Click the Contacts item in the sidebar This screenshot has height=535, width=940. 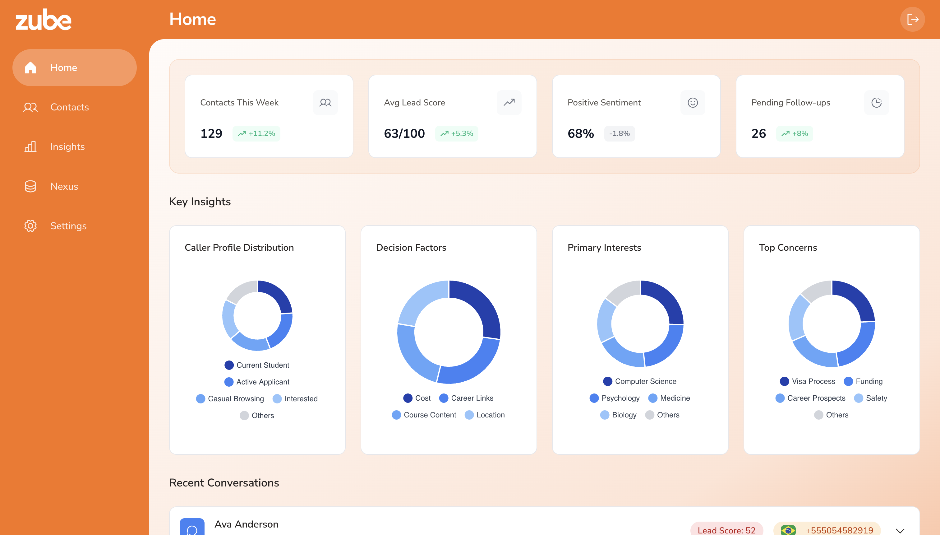pyautogui.click(x=69, y=107)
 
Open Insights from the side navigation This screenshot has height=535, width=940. pyautogui.click(x=67, y=147)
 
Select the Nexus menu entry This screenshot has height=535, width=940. pyautogui.click(x=64, y=186)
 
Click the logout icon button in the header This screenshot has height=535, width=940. pyautogui.click(x=912, y=19)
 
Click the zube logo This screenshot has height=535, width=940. pyautogui.click(x=43, y=20)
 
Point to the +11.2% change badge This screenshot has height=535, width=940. pyautogui.click(x=256, y=133)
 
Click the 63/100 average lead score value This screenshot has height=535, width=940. pyautogui.click(x=404, y=133)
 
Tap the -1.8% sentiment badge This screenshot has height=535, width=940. pyautogui.click(x=619, y=133)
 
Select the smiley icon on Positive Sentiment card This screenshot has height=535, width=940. pyautogui.click(x=693, y=103)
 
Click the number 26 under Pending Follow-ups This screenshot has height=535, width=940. pyautogui.click(x=758, y=133)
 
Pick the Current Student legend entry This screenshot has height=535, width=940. pyautogui.click(x=257, y=365)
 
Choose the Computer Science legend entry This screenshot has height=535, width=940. pyautogui.click(x=640, y=381)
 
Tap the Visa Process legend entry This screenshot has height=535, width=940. pyautogui.click(x=808, y=381)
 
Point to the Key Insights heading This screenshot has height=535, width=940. pyautogui.click(x=200, y=202)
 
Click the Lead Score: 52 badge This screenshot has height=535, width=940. pyautogui.click(x=726, y=530)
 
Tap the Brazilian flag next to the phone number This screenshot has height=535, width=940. pyautogui.click(x=788, y=530)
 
